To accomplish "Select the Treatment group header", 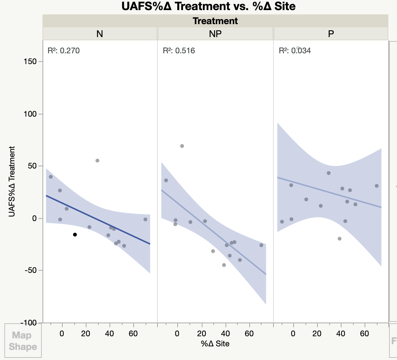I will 215,21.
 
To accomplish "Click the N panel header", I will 100,34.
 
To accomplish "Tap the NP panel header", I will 215,34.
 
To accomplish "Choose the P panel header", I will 331,34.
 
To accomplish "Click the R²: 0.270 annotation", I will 63,50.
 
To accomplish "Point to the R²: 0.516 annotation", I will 179,50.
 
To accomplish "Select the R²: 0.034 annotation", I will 295,50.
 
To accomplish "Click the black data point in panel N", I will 75,235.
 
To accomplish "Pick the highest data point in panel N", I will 97,161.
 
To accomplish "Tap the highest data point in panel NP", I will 182,146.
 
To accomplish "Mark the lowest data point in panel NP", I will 224,265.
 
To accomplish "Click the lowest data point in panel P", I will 339,239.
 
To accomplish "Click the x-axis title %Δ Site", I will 215,343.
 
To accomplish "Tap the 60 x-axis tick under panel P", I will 365,333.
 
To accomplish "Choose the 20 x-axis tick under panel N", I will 86,333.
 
